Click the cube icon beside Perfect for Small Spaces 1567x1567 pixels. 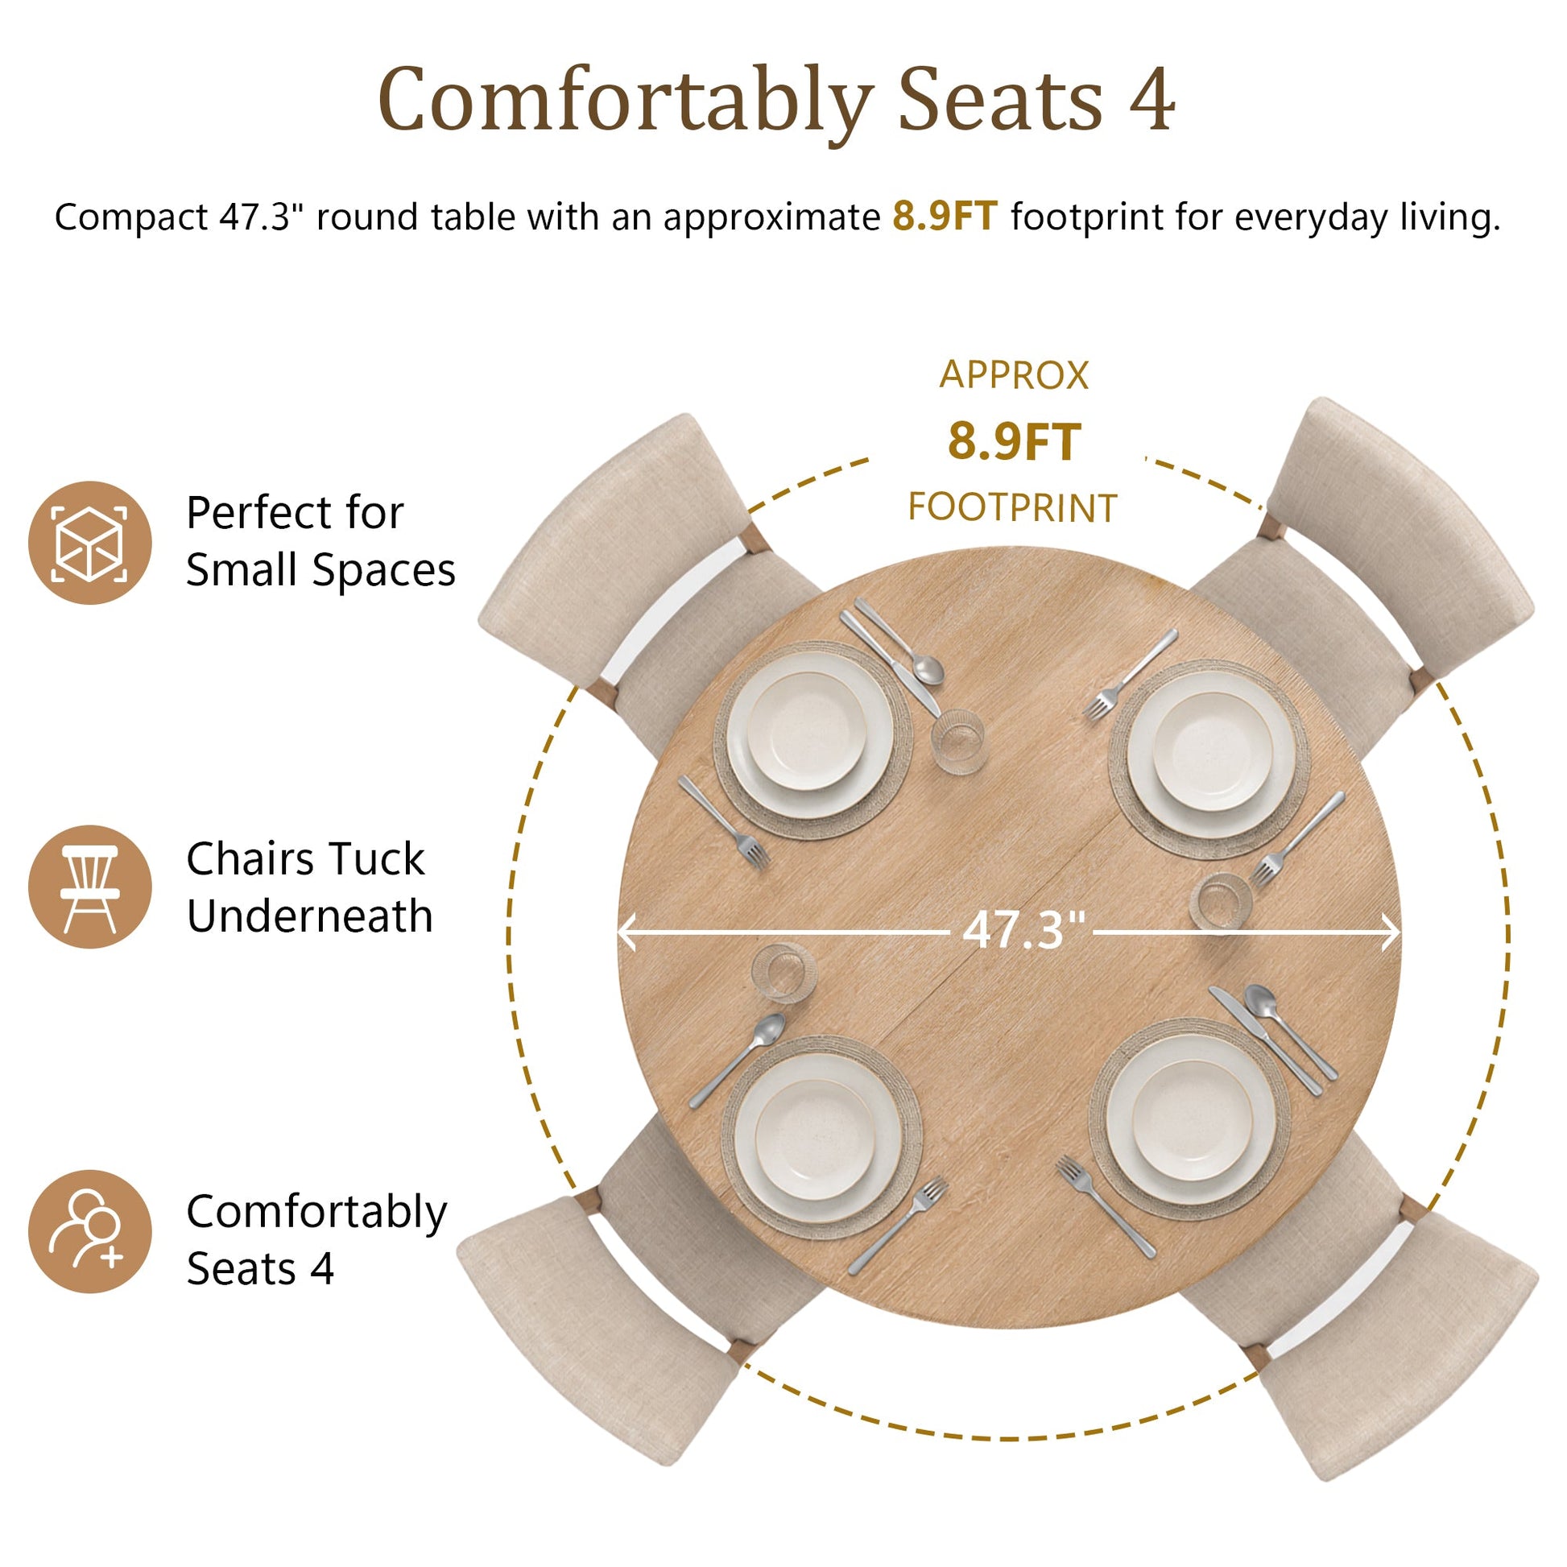tap(90, 543)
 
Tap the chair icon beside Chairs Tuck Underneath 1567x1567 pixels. tap(90, 887)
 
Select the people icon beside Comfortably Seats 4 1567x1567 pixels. tap(90, 1231)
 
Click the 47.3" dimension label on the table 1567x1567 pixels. tap(1023, 930)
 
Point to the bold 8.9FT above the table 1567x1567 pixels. tap(1014, 442)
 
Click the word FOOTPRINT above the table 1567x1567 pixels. tap(1012, 508)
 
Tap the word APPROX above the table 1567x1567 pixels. tap(1014, 375)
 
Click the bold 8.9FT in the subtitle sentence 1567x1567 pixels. tap(945, 217)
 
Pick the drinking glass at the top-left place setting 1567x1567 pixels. tap(958, 741)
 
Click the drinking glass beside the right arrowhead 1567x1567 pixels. tap(1221, 901)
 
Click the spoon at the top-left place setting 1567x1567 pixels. tap(900, 642)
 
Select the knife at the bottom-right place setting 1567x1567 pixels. tap(1265, 1041)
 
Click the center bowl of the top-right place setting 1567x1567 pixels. tap(1213, 751)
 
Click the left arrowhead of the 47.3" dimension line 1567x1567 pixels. tap(626, 932)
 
